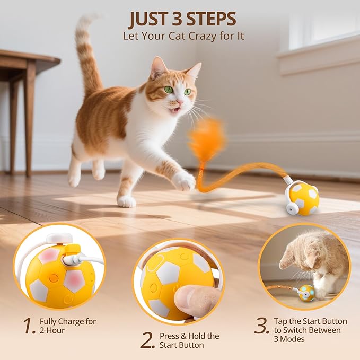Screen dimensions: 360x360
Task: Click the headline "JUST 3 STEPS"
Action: point(182,19)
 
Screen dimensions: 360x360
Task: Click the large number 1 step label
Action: point(30,326)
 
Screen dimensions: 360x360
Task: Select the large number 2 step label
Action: point(147,340)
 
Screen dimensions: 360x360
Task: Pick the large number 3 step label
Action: point(261,326)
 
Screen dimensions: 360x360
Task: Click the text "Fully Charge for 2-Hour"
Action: point(68,326)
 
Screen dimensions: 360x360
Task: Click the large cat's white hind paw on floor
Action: point(126,201)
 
